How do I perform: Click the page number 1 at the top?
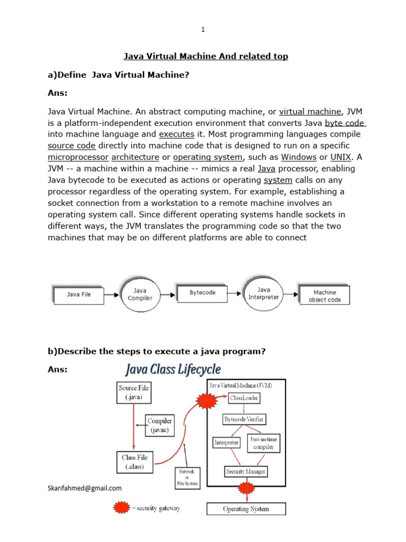click(x=203, y=30)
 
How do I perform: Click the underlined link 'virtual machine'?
click(x=310, y=112)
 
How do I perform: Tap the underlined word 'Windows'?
click(x=299, y=157)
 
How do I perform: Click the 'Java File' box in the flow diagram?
click(x=79, y=294)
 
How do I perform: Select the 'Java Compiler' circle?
click(x=140, y=294)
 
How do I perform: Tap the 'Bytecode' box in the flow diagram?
click(x=202, y=292)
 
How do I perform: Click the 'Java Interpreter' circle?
click(x=263, y=294)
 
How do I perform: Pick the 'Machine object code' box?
click(x=324, y=296)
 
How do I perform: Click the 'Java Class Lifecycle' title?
click(x=173, y=369)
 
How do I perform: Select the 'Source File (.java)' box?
click(x=134, y=392)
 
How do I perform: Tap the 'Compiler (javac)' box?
click(x=160, y=426)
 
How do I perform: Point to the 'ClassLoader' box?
click(x=244, y=397)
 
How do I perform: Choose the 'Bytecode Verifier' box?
click(x=243, y=419)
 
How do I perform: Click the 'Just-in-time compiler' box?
click(x=263, y=443)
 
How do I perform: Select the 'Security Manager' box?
click(x=246, y=471)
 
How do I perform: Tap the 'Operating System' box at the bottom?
click(x=246, y=509)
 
